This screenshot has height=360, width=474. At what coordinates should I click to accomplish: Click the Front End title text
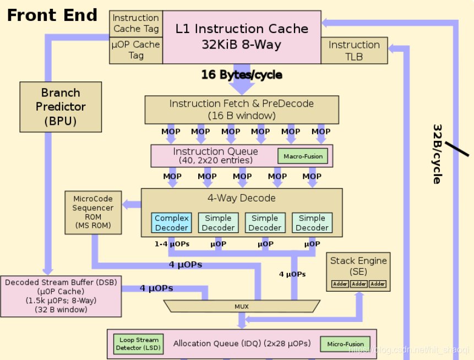(x=52, y=15)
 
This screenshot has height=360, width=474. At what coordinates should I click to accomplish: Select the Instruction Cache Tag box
(x=136, y=23)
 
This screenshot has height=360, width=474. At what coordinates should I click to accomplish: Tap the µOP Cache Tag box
(x=136, y=50)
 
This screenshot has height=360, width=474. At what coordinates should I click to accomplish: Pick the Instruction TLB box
(x=354, y=50)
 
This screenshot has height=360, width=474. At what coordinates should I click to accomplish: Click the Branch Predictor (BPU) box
(x=61, y=107)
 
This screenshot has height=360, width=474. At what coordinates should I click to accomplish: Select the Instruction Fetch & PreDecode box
(x=242, y=110)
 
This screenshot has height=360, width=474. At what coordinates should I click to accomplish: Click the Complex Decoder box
(x=172, y=222)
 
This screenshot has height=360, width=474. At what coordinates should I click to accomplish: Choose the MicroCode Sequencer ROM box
(x=93, y=212)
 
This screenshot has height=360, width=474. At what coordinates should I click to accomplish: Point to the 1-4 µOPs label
(x=172, y=243)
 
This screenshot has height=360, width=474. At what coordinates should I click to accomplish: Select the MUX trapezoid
(x=242, y=305)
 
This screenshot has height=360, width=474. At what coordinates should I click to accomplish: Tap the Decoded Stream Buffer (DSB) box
(x=61, y=296)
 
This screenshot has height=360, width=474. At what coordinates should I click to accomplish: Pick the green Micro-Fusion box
(x=345, y=344)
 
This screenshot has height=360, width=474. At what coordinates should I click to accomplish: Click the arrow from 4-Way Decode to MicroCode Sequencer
(x=132, y=205)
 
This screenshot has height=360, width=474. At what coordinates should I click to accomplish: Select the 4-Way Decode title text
(x=242, y=198)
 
